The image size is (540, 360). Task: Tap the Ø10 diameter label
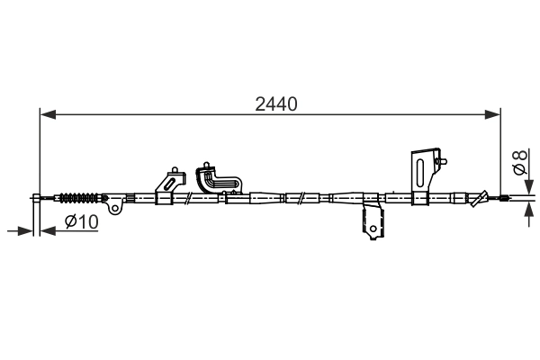81,222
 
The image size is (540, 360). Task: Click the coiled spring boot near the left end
80,197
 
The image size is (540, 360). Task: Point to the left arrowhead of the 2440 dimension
47,114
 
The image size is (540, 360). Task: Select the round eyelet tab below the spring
115,208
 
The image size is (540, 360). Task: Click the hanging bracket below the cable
371,223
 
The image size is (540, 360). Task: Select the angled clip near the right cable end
484,197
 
